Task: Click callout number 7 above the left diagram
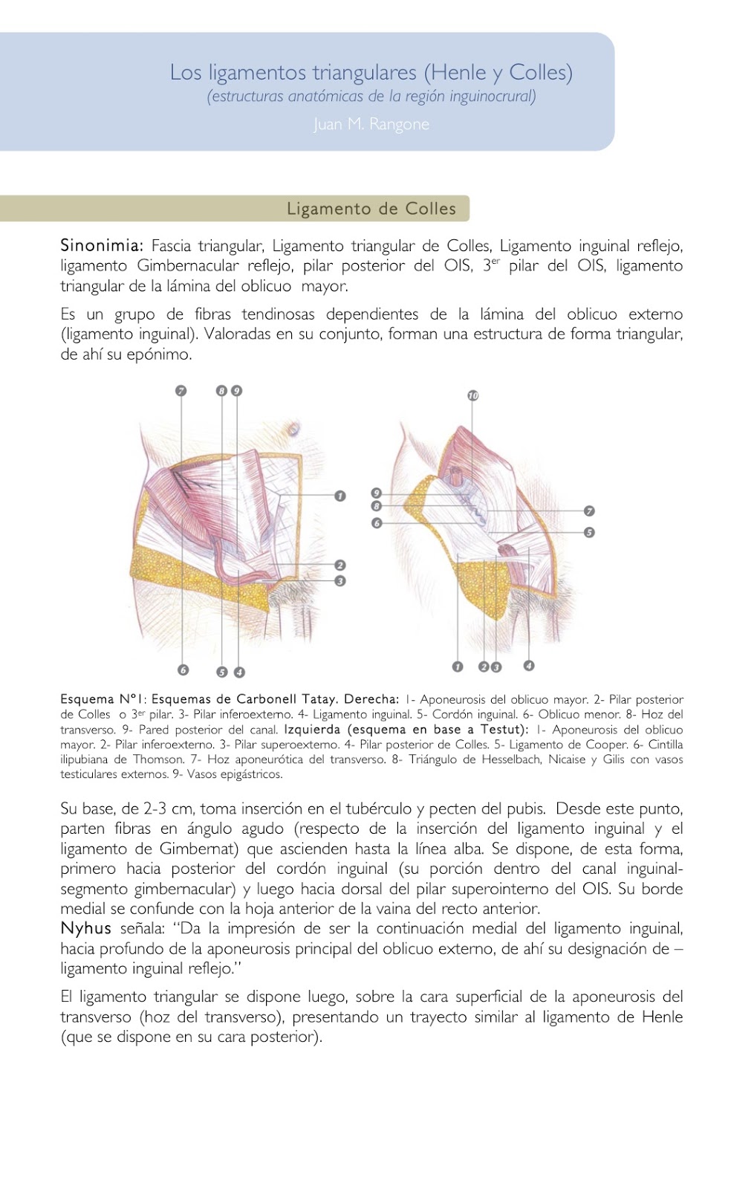tap(181, 391)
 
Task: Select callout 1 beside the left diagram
tap(340, 496)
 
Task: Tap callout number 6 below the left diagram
tap(183, 670)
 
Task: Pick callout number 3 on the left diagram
tap(340, 581)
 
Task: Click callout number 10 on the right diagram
tap(473, 395)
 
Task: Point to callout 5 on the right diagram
tap(589, 532)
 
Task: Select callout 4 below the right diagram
tap(529, 666)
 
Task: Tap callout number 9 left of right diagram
tap(376, 493)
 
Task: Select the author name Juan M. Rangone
tap(371, 124)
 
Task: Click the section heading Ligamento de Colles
tap(371, 209)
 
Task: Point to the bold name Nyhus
tap(85, 928)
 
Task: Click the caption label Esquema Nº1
tap(104, 699)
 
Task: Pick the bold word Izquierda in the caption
tap(312, 729)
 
